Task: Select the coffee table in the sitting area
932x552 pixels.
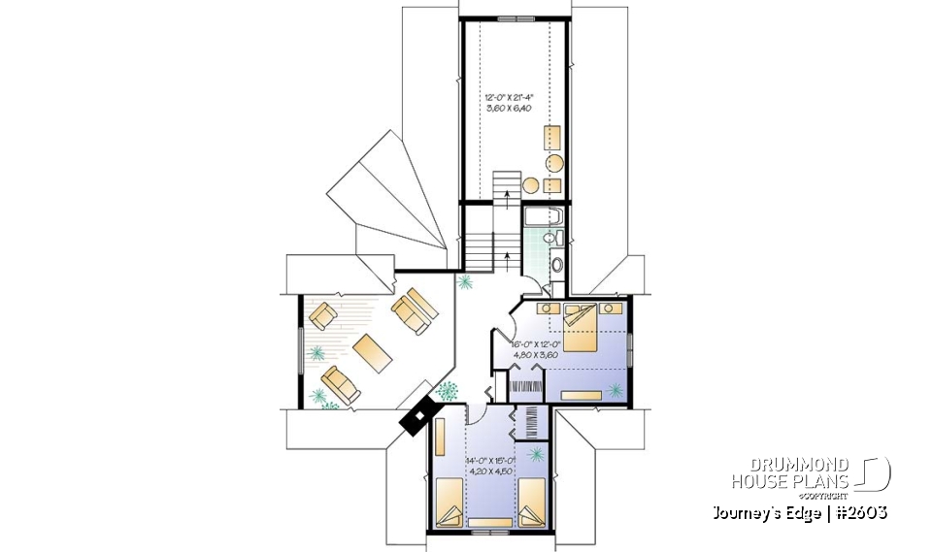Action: tap(373, 351)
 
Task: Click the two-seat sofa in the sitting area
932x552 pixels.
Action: tap(414, 310)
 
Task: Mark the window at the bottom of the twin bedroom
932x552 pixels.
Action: tap(482, 531)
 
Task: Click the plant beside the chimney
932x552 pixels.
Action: tap(448, 391)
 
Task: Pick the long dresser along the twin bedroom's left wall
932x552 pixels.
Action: tap(440, 448)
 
